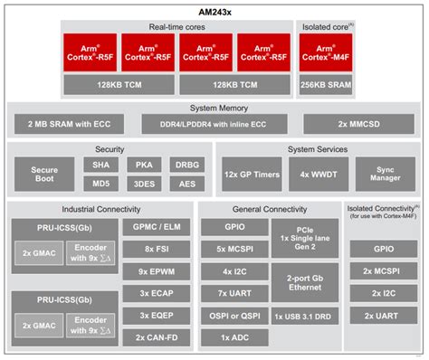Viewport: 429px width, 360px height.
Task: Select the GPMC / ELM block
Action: (x=155, y=228)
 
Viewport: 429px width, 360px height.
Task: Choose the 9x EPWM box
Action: (x=155, y=271)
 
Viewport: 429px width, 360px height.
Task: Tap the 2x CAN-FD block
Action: (x=155, y=336)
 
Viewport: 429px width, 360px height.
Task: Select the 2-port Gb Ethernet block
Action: (x=306, y=282)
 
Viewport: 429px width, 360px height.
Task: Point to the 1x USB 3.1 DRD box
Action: (x=306, y=315)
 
